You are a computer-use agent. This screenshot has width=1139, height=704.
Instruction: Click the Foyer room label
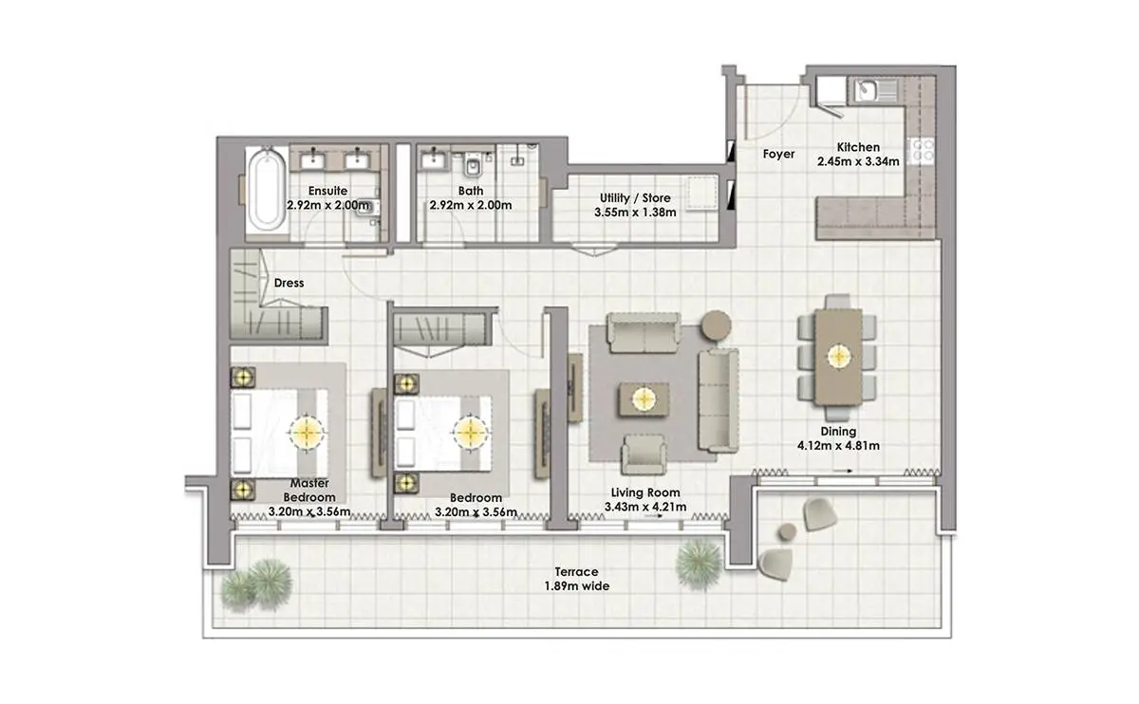[x=778, y=154]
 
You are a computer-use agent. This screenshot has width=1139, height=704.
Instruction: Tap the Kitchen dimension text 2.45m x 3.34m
[x=858, y=161]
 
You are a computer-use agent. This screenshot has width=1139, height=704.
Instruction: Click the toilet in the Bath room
[x=473, y=166]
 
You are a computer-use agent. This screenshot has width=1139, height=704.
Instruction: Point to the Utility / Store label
[x=635, y=197]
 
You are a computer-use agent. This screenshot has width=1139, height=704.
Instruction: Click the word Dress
[x=289, y=283]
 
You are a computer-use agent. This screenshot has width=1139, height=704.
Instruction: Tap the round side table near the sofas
[x=717, y=324]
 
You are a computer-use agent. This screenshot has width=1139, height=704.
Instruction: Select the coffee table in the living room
[x=644, y=399]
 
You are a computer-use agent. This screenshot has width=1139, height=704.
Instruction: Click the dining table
[x=838, y=357]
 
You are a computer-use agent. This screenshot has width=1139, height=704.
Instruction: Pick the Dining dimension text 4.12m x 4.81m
[x=838, y=446]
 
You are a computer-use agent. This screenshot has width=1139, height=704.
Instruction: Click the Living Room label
[x=645, y=492]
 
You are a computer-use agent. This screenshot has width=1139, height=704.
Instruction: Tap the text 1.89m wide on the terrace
[x=577, y=586]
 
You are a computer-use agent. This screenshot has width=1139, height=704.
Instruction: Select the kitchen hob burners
[x=923, y=151]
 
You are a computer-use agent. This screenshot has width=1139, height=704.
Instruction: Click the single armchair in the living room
[x=644, y=454]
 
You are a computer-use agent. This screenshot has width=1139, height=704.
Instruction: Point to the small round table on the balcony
[x=787, y=532]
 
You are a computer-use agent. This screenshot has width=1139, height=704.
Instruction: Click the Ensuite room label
[x=328, y=191]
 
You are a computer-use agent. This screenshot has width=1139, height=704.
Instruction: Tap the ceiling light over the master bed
[x=307, y=433]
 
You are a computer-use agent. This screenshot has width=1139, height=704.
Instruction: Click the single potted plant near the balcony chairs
[x=700, y=565]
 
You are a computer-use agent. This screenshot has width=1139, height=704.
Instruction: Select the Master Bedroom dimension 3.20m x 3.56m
[x=309, y=511]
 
